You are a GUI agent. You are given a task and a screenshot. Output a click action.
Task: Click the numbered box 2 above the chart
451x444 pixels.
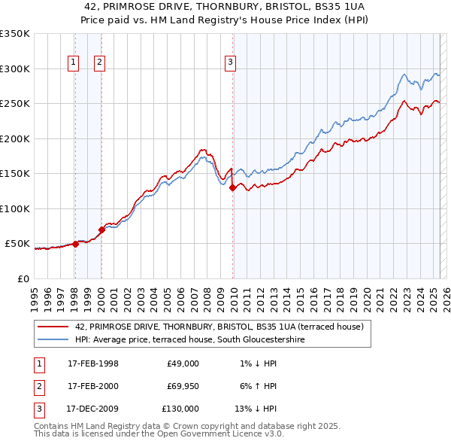99,63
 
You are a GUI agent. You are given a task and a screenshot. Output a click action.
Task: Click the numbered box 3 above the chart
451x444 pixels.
230,63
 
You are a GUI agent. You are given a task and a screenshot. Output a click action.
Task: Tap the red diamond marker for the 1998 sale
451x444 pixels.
75,244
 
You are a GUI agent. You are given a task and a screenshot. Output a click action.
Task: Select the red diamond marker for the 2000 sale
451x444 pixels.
101,229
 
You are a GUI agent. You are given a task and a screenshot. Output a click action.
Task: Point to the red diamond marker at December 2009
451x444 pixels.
232,188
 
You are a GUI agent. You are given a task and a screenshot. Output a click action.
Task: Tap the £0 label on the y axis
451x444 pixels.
23,278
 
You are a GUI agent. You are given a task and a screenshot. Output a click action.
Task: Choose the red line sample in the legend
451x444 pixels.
54,327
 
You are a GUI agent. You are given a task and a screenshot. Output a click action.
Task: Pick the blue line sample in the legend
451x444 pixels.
54,340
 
